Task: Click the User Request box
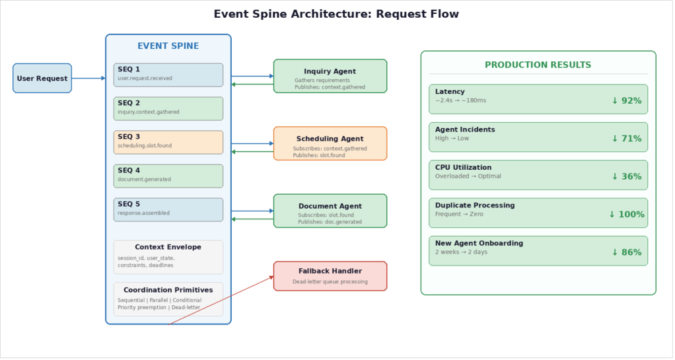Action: tap(42, 78)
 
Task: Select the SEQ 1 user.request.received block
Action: tap(168, 75)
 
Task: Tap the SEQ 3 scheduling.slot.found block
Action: tap(168, 142)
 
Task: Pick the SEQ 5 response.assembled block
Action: tap(168, 209)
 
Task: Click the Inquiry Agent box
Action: tap(330, 76)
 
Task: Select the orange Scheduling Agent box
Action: tap(330, 143)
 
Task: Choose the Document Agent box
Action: tap(330, 211)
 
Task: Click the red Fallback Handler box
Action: tap(330, 275)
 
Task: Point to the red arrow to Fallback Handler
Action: tap(221, 301)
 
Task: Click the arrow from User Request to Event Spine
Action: tap(88, 78)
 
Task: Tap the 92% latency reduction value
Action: tap(626, 101)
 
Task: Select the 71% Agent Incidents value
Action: tap(626, 139)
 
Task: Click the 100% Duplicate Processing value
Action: tap(626, 215)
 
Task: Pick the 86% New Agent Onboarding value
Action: tap(626, 252)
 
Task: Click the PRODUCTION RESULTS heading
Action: tap(538, 65)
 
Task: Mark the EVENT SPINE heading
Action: tap(168, 46)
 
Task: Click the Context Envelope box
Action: tap(168, 256)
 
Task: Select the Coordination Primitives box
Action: tap(168, 299)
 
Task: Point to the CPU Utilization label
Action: tap(463, 168)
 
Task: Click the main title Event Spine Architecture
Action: tap(336, 14)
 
